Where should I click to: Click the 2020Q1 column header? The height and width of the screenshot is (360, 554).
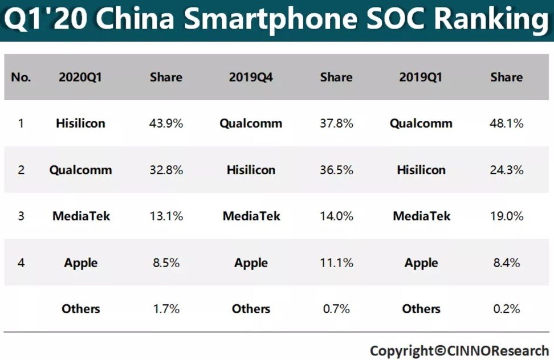click(80, 77)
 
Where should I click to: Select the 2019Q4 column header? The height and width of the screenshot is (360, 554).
click(251, 77)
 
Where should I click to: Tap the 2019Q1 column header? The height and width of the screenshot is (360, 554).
click(421, 77)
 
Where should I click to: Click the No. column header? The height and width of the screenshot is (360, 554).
click(21, 77)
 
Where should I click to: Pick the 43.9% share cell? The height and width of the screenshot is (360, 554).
click(166, 123)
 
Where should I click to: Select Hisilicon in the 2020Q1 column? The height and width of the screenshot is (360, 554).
click(80, 123)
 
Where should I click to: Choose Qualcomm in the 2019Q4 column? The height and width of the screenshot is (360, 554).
click(251, 123)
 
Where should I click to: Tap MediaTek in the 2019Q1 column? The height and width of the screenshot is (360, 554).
click(421, 216)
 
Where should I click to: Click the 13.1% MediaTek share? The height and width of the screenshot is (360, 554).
click(166, 216)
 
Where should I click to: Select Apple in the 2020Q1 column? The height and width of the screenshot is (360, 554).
click(80, 263)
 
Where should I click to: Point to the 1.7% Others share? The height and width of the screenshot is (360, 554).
click(166, 309)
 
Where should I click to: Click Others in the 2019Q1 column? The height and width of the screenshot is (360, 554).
click(421, 309)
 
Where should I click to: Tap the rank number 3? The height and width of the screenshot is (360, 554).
click(21, 216)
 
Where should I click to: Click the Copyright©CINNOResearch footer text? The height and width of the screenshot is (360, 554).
click(459, 350)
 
